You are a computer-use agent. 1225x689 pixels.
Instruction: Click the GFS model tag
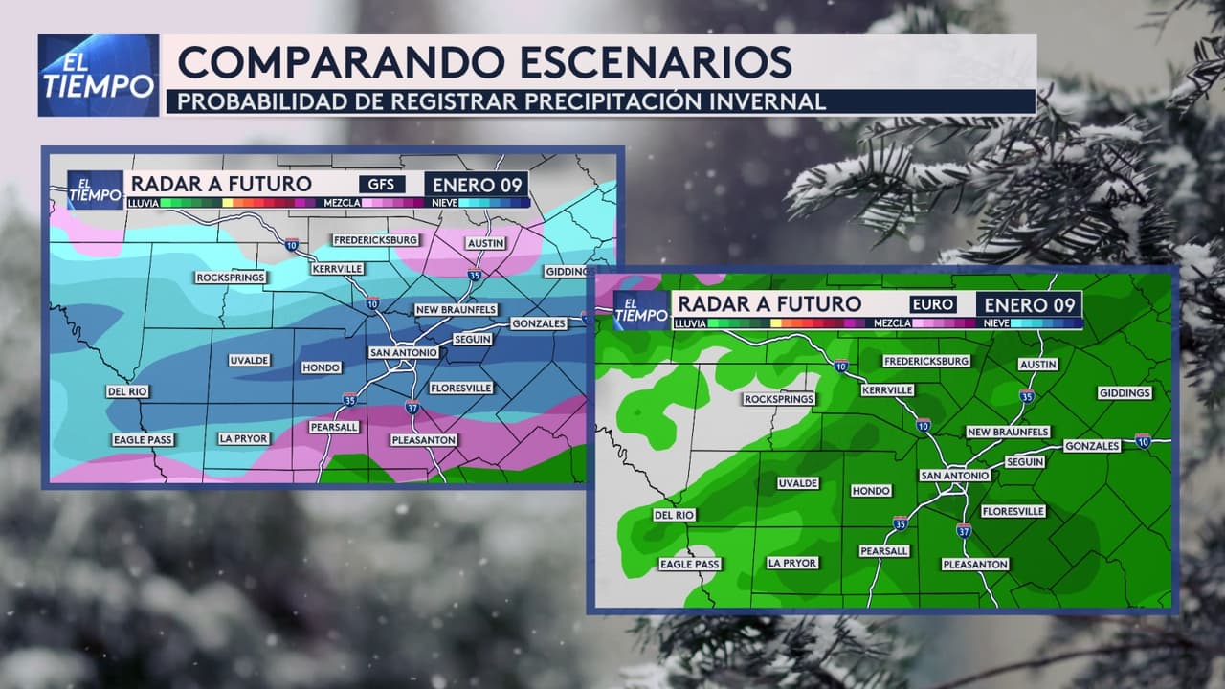381,184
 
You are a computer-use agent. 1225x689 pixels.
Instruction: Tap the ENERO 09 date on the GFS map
477,184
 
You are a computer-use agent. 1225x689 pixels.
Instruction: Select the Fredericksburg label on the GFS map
376,239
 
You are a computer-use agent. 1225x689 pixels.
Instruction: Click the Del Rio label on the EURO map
674,515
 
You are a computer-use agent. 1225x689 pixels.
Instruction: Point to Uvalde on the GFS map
249,361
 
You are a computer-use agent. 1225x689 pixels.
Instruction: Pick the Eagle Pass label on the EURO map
689,565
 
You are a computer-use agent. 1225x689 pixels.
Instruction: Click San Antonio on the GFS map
403,353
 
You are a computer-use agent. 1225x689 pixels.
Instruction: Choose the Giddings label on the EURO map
1125,393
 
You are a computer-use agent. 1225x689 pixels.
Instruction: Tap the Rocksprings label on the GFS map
230,278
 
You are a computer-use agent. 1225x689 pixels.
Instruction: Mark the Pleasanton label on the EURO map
975,565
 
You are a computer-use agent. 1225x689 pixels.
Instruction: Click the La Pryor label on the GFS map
243,438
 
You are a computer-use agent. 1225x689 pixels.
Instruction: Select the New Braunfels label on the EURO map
1008,432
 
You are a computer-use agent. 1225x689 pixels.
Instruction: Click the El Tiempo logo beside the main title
99,76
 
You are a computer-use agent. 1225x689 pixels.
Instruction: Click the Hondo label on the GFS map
321,367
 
